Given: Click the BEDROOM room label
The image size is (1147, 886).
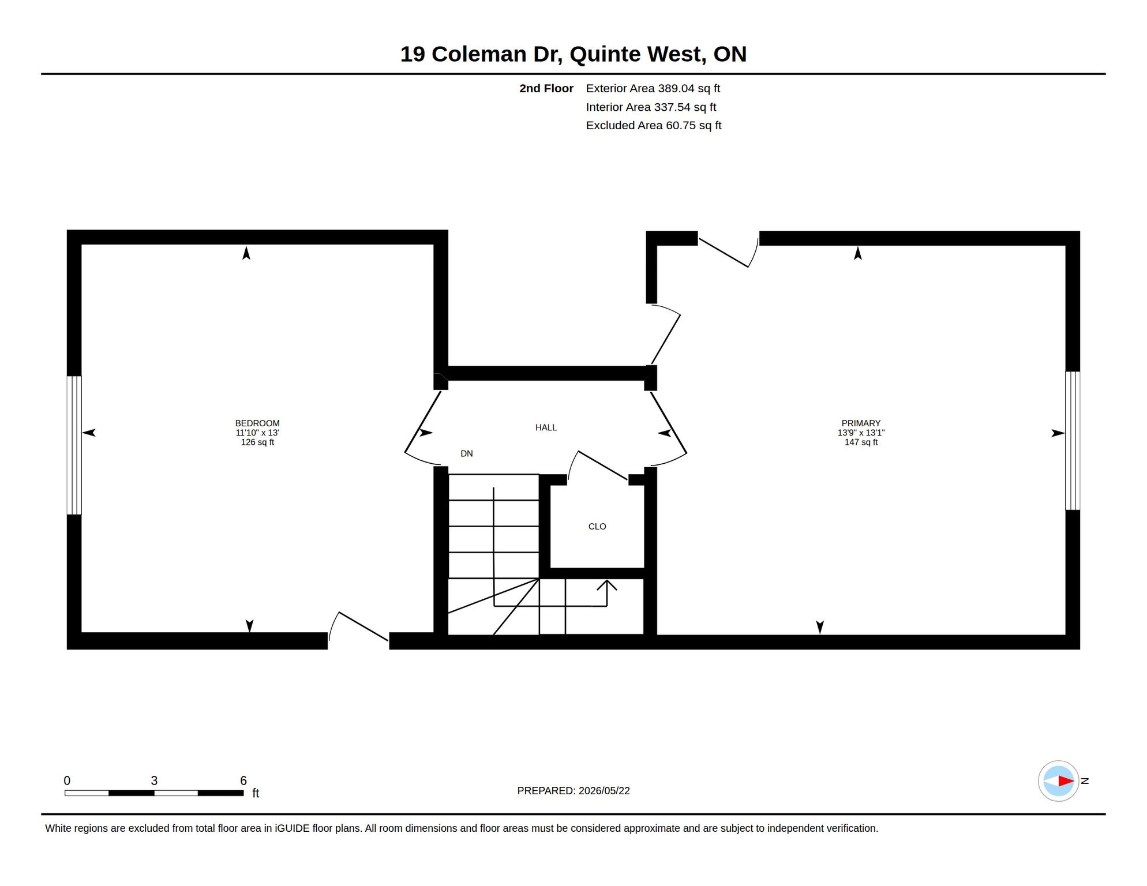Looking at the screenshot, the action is point(257,423).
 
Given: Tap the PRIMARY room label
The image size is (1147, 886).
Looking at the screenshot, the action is point(861,423).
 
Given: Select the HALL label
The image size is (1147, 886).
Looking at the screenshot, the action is point(546,427).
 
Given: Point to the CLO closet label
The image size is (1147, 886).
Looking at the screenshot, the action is point(597,527).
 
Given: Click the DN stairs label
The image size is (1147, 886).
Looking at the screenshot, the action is point(467,454).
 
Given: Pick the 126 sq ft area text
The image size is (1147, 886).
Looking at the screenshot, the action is point(257,442).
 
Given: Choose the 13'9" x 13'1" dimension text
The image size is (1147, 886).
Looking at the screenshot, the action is point(861,433).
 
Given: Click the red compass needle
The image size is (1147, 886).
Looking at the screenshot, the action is point(1066,782).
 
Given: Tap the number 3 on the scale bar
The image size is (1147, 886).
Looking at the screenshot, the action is point(154,780).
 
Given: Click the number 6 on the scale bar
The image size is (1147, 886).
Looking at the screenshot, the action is point(243,780).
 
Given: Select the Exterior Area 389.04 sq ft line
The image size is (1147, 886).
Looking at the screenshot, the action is point(653,89).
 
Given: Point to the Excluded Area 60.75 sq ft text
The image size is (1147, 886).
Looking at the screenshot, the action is point(654,126).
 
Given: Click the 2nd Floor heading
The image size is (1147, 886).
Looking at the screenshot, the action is point(546,89).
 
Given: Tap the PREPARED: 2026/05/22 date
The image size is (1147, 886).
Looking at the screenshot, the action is point(573,791).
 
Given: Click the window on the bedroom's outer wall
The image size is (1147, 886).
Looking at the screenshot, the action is point(74,445).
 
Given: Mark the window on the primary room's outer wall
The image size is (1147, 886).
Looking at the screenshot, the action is point(1073,441).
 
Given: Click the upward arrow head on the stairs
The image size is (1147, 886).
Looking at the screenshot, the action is point(606,585).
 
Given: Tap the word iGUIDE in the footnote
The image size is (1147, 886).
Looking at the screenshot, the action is point(291,828).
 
